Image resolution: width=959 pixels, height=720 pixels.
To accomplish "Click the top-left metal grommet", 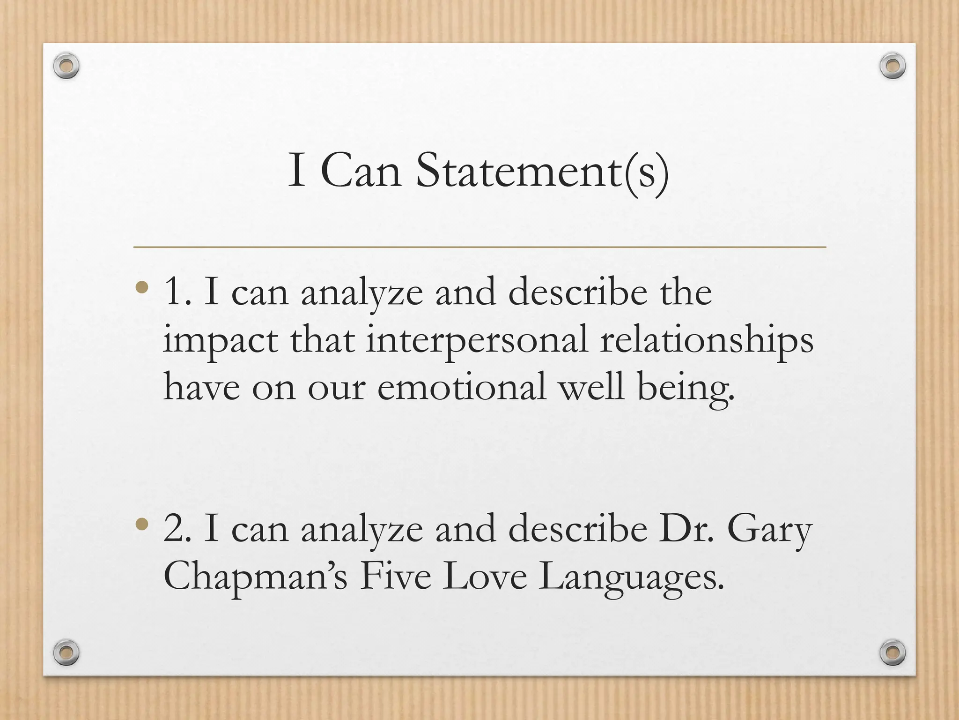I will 66,66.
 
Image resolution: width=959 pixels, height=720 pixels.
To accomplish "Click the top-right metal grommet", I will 893,66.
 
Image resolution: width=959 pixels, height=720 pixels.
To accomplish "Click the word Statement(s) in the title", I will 542,172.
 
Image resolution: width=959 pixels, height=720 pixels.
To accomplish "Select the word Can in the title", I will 361,171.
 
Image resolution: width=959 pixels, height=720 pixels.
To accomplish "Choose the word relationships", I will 706,341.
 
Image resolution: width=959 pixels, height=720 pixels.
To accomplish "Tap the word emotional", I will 462,388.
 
